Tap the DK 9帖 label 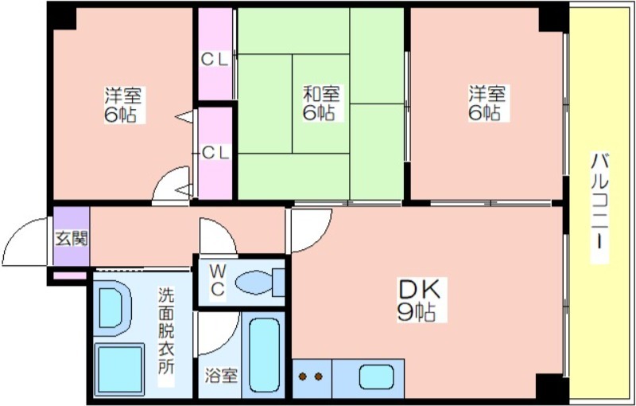click(418, 300)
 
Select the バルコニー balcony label click(599, 208)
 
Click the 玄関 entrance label click(72, 238)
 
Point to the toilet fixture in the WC click(260, 282)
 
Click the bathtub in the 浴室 click(265, 355)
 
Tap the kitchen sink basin click(377, 377)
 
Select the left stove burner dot click(303, 377)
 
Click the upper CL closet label click(215, 60)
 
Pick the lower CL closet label click(215, 153)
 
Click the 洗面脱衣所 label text click(166, 337)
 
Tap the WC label click(217, 280)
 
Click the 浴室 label click(221, 376)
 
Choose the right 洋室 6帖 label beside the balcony click(487, 103)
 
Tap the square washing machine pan click(119, 369)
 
